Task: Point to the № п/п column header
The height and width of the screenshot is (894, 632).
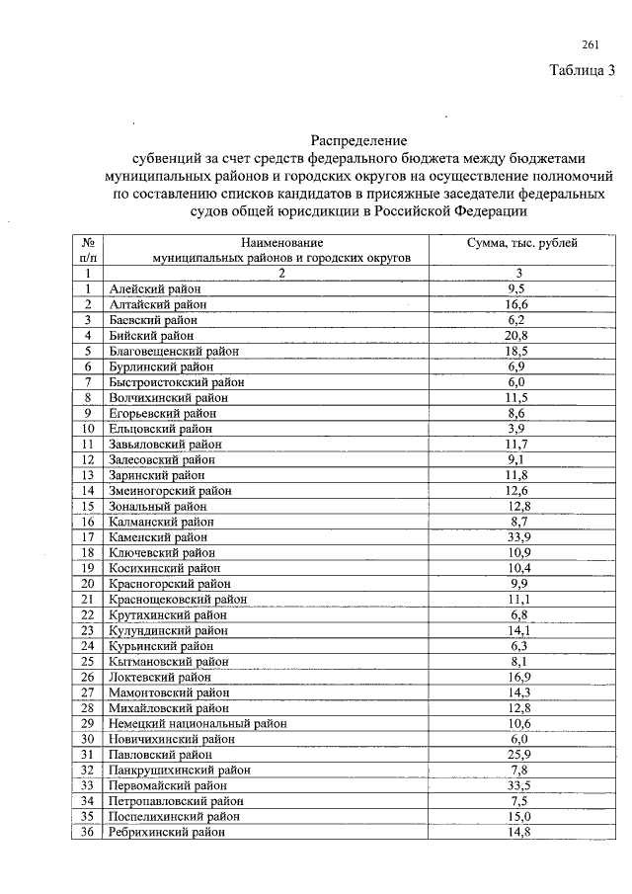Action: [x=88, y=249]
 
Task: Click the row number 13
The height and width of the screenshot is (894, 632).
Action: [x=88, y=474]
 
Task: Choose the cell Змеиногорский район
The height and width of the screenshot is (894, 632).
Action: [x=171, y=490]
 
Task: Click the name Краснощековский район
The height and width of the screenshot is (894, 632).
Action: [x=178, y=599]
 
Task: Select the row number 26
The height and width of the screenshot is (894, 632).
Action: [x=88, y=677]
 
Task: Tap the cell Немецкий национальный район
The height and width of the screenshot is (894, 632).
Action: [x=197, y=723]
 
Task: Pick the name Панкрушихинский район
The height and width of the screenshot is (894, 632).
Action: [x=180, y=770]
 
